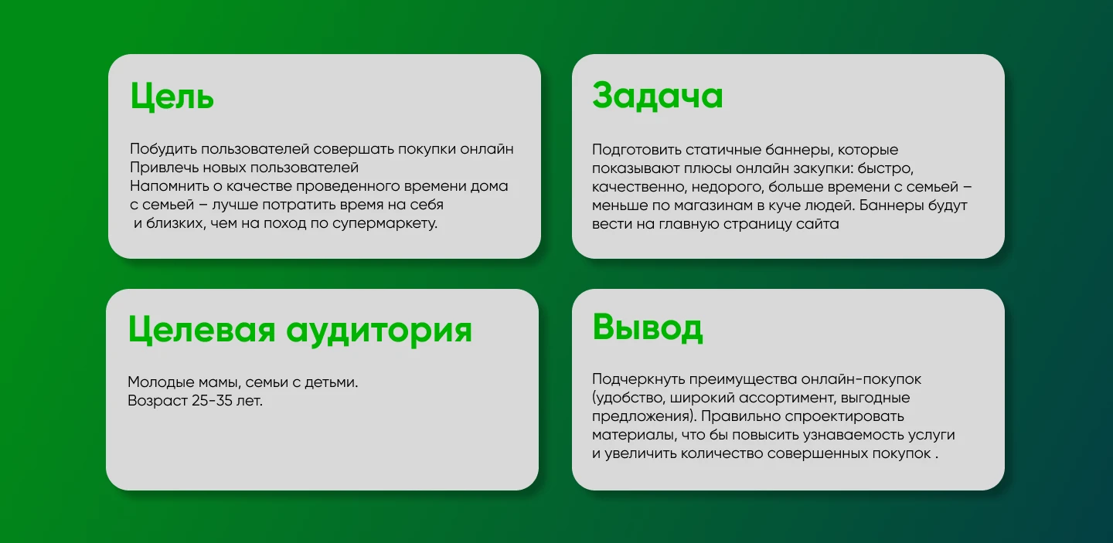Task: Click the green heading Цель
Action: tap(172, 97)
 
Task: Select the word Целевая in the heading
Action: tap(202, 330)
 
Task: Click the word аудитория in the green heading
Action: tap(379, 331)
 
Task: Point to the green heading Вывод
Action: tap(648, 327)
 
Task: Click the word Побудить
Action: tap(164, 149)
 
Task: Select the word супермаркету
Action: tap(385, 224)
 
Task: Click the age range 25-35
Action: tap(212, 401)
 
